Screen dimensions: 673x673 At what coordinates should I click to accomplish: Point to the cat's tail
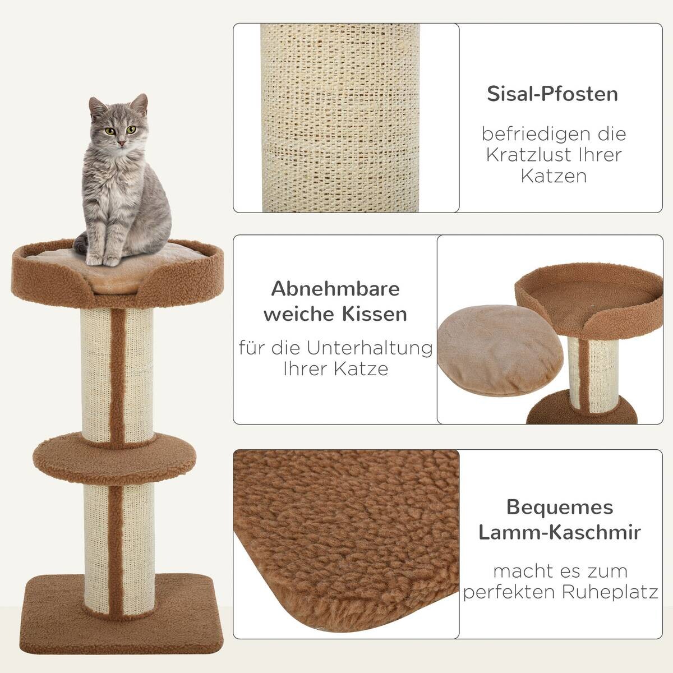pyautogui.click(x=82, y=242)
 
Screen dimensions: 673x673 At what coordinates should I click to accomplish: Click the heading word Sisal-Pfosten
pyautogui.click(x=552, y=94)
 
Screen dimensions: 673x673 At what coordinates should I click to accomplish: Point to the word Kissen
pyautogui.click(x=373, y=314)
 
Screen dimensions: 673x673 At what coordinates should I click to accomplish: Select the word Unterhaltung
pyautogui.click(x=370, y=348)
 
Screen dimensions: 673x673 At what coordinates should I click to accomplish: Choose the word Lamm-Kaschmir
pyautogui.click(x=560, y=532)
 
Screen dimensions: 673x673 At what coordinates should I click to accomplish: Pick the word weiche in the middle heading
pyautogui.click(x=298, y=314)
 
